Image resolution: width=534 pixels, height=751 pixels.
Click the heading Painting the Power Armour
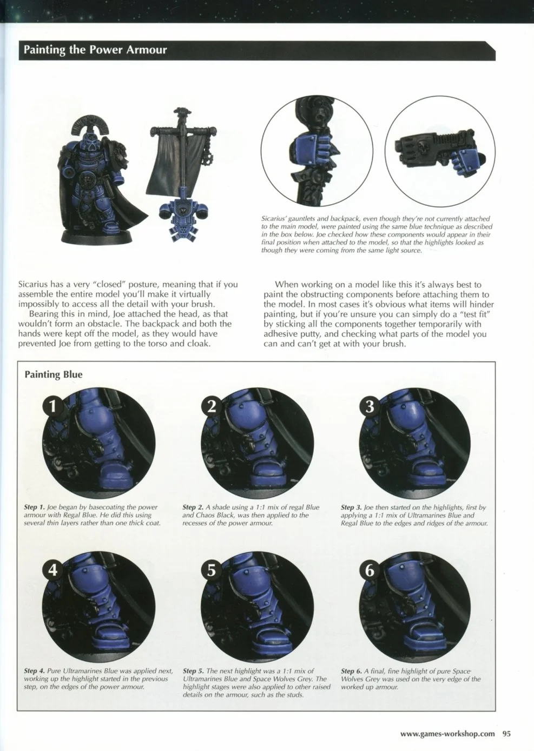click(x=95, y=50)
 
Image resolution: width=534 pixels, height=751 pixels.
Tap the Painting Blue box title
click(x=54, y=374)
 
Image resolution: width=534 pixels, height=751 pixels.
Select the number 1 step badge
click(x=53, y=406)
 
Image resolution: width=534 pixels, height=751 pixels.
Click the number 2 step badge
click(x=211, y=406)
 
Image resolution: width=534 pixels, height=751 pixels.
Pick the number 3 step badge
click(x=370, y=406)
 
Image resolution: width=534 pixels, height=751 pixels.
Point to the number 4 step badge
click(x=53, y=570)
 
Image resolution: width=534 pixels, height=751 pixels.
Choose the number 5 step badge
click(x=211, y=570)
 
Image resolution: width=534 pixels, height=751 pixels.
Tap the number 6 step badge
click(x=370, y=570)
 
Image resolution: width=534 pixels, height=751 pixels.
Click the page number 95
click(x=506, y=734)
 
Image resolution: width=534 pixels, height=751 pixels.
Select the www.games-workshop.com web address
click(x=447, y=734)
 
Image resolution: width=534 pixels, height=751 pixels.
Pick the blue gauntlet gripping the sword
click(x=313, y=149)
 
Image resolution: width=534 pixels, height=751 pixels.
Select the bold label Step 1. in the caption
click(x=35, y=507)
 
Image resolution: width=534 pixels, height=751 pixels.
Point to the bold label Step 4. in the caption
click(x=35, y=671)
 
